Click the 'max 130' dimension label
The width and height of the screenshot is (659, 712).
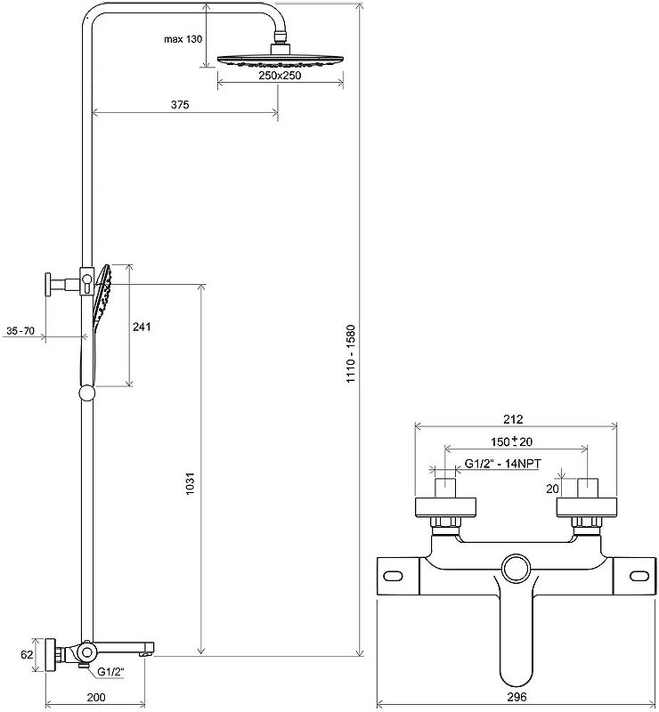tap(183, 39)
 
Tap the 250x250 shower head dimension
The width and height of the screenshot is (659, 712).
tap(280, 76)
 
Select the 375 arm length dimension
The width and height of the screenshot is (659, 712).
tap(180, 105)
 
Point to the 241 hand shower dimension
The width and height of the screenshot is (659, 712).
tap(142, 327)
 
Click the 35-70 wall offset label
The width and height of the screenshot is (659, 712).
tap(20, 331)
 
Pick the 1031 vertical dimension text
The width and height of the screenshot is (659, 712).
tap(191, 484)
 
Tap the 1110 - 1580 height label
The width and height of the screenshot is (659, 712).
tap(351, 353)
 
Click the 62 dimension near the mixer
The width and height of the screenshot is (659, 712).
tap(28, 654)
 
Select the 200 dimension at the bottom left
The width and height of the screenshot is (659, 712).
tap(96, 697)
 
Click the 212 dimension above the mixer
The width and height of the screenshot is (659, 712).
tap(514, 419)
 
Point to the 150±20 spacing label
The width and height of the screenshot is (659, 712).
tap(512, 441)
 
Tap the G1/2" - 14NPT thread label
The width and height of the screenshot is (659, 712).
tap(502, 464)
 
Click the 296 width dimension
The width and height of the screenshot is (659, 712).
tap(517, 697)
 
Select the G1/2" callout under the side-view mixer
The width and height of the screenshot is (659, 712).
tap(111, 672)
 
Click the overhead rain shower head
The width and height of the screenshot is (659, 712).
tap(281, 60)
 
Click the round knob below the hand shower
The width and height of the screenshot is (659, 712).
tap(86, 392)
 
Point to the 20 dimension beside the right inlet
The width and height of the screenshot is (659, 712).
tap(552, 489)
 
